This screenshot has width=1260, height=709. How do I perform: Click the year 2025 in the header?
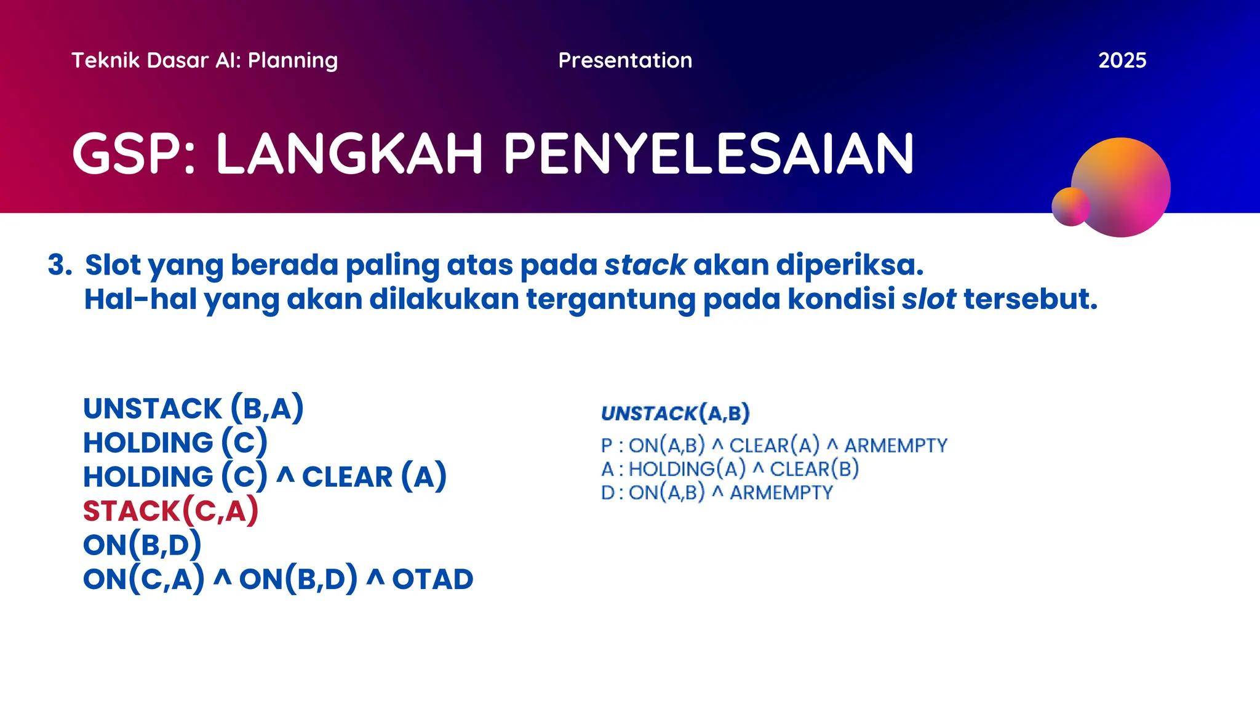coord(1122,60)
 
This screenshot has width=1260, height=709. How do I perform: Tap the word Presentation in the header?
coord(625,60)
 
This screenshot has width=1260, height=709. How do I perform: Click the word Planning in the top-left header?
coord(293,60)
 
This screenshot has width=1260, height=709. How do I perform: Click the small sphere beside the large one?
coord(1070,207)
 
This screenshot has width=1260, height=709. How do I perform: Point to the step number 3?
coord(60,265)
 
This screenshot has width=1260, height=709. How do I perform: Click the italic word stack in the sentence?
coord(645,265)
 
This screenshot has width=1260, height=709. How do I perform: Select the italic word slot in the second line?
coord(928,300)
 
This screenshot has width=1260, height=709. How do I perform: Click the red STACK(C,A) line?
coord(170,511)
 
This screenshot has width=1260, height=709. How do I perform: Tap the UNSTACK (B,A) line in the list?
coord(193,409)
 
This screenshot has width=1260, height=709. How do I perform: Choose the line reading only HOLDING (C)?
coord(175,443)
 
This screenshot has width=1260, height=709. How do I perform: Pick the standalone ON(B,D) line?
coord(142,545)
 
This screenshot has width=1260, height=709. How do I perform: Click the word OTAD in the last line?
coord(433,579)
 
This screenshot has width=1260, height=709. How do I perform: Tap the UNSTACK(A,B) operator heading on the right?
coord(675,413)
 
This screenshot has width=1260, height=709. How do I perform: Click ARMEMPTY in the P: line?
coord(896,446)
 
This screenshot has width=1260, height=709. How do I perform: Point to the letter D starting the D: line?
coord(607,493)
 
